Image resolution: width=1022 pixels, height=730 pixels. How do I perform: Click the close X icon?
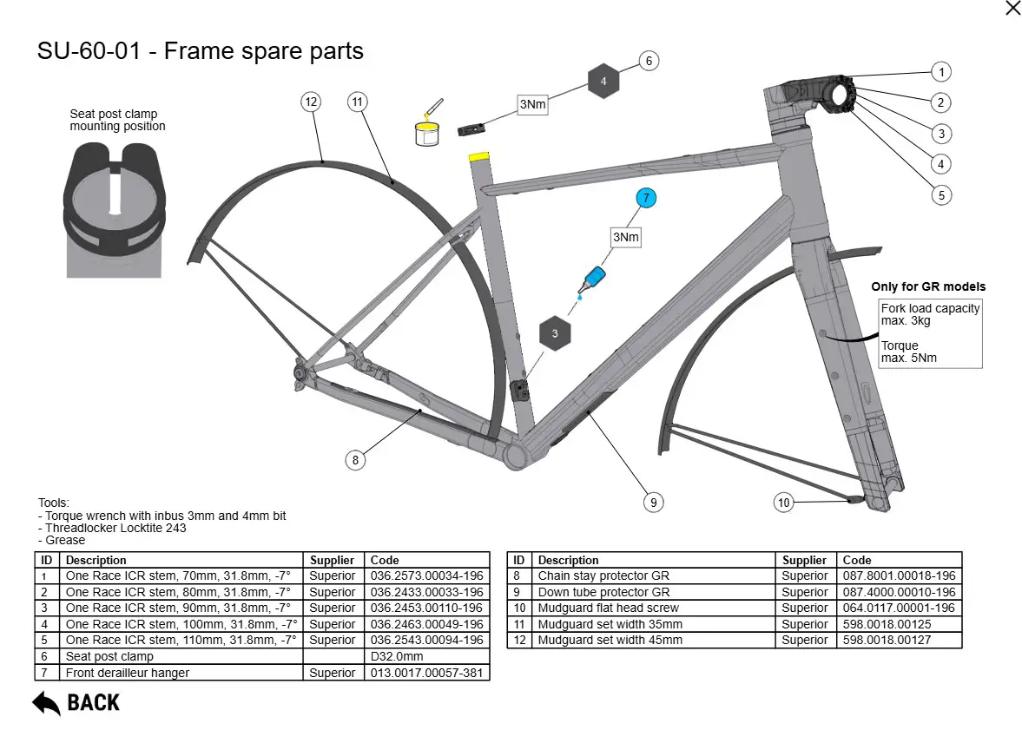pyautogui.click(x=1012, y=9)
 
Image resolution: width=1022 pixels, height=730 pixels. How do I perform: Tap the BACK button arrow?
pyautogui.click(x=47, y=702)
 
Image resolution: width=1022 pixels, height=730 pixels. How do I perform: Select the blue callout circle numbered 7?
pyautogui.click(x=646, y=199)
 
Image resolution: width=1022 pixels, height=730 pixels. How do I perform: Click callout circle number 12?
pyautogui.click(x=311, y=102)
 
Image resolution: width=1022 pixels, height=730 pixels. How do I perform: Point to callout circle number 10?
pyautogui.click(x=784, y=502)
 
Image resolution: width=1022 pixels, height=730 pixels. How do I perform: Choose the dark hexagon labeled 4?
pyautogui.click(x=603, y=82)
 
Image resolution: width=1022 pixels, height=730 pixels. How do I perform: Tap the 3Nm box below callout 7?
pyautogui.click(x=625, y=236)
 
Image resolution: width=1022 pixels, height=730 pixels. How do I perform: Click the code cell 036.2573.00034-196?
pyautogui.click(x=426, y=576)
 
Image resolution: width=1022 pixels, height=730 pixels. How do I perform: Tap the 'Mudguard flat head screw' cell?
pyautogui.click(x=608, y=608)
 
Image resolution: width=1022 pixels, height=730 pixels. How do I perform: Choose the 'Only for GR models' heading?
pyautogui.click(x=928, y=287)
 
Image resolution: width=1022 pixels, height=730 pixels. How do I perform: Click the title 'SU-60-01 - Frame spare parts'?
pyautogui.click(x=201, y=51)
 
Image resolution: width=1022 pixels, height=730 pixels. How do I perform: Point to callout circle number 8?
pyautogui.click(x=355, y=460)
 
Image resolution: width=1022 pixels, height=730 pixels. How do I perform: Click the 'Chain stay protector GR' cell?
pyautogui.click(x=603, y=576)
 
